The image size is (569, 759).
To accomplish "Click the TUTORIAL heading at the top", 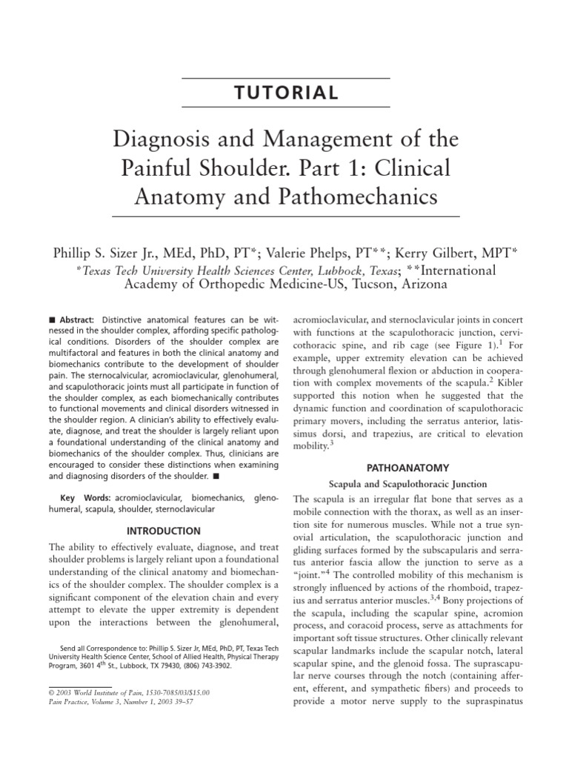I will (x=285, y=93).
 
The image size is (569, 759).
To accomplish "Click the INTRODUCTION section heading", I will (x=163, y=531).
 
